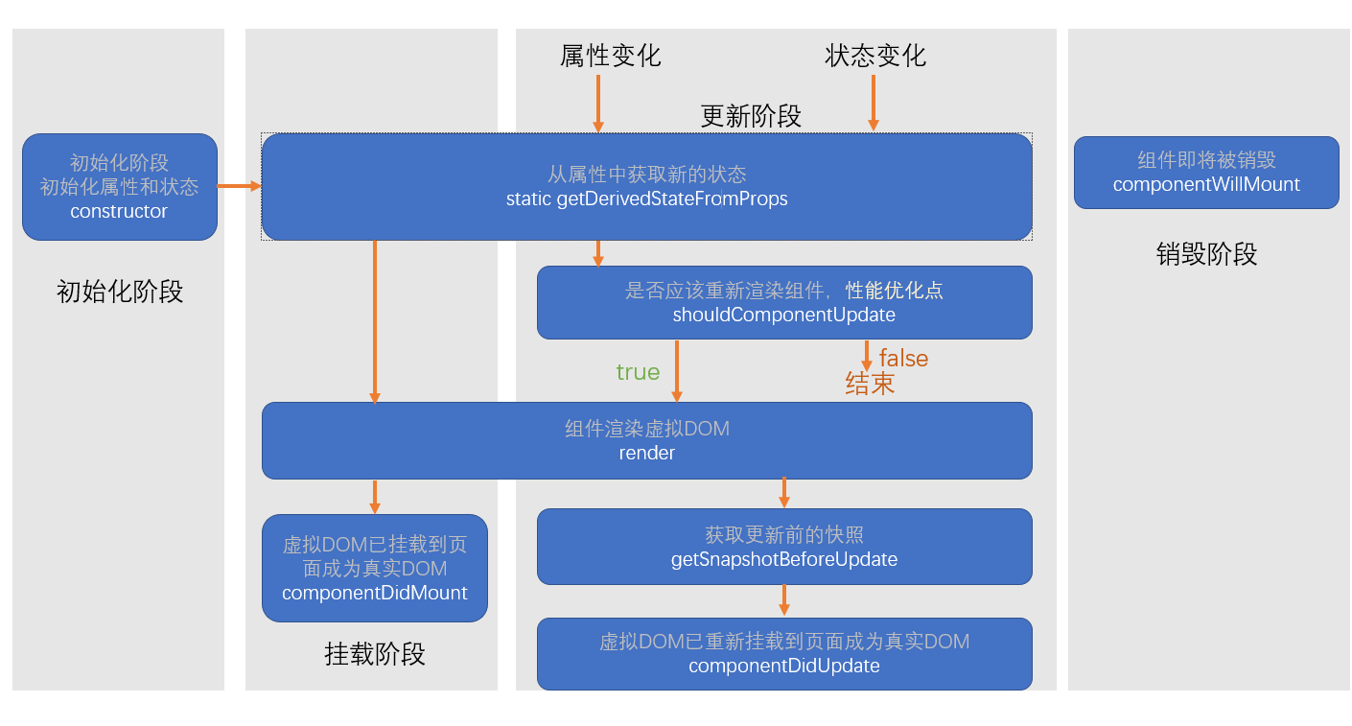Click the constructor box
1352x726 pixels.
(x=120, y=187)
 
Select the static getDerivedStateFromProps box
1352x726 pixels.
(x=646, y=187)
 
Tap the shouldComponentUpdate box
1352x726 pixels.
(x=783, y=302)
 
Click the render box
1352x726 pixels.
(x=646, y=440)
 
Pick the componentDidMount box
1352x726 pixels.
(x=374, y=568)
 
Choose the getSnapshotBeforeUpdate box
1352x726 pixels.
(x=783, y=547)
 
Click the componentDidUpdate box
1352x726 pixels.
(x=783, y=653)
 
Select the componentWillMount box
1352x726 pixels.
(x=1205, y=173)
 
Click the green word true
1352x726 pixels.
(x=638, y=372)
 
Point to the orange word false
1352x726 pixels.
(x=903, y=359)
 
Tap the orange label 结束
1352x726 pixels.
(x=870, y=384)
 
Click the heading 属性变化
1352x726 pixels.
(x=610, y=56)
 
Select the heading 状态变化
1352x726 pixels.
(x=875, y=56)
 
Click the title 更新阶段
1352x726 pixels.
(x=751, y=116)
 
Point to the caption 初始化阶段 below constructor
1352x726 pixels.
(x=120, y=292)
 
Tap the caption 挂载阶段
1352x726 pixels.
(x=374, y=654)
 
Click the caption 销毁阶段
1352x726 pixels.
(x=1205, y=254)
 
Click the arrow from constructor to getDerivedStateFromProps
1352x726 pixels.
(x=239, y=186)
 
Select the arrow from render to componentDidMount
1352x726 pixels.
(x=374, y=496)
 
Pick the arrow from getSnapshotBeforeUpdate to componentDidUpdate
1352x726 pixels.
(x=783, y=600)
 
